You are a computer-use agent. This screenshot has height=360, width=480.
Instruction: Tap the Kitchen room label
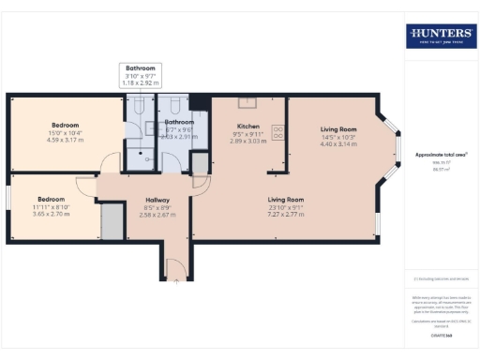248,126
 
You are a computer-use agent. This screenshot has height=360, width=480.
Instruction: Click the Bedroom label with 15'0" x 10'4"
66,126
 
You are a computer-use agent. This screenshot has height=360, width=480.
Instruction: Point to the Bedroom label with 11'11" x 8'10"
52,199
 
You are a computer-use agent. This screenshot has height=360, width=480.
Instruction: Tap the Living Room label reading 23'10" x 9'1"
286,200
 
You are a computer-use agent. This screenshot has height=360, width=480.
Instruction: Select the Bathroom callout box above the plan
142,75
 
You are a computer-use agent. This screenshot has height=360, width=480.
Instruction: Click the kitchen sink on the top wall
248,102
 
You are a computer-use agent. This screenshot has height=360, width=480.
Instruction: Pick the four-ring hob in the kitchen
277,131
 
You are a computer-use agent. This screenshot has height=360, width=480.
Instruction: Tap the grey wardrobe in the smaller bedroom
112,221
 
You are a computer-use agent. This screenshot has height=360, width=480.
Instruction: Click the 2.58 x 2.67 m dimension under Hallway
157,214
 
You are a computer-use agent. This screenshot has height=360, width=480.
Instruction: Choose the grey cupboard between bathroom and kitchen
200,163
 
